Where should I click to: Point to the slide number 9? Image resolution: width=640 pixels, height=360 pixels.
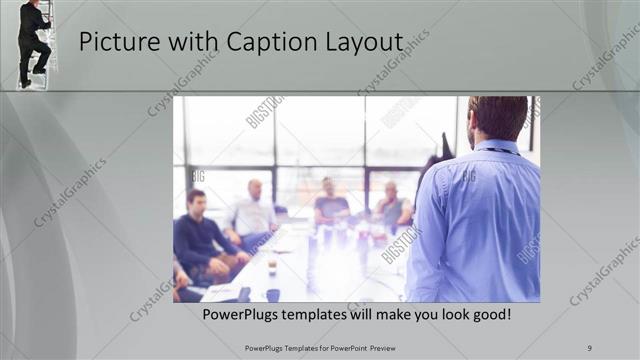[x=590, y=348]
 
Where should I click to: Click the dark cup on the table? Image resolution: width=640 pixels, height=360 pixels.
[x=273, y=294]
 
